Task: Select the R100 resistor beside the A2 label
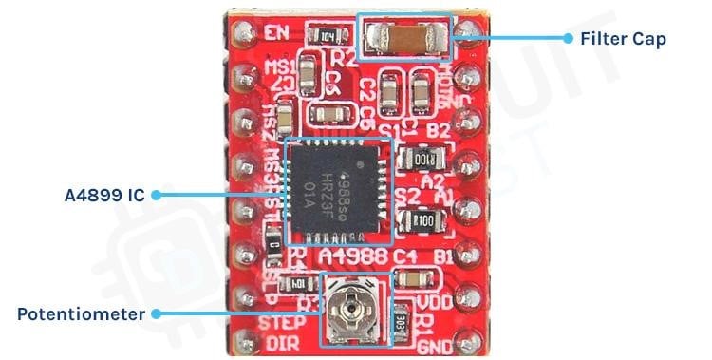point(419,157)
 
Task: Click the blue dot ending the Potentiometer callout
point(156,313)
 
